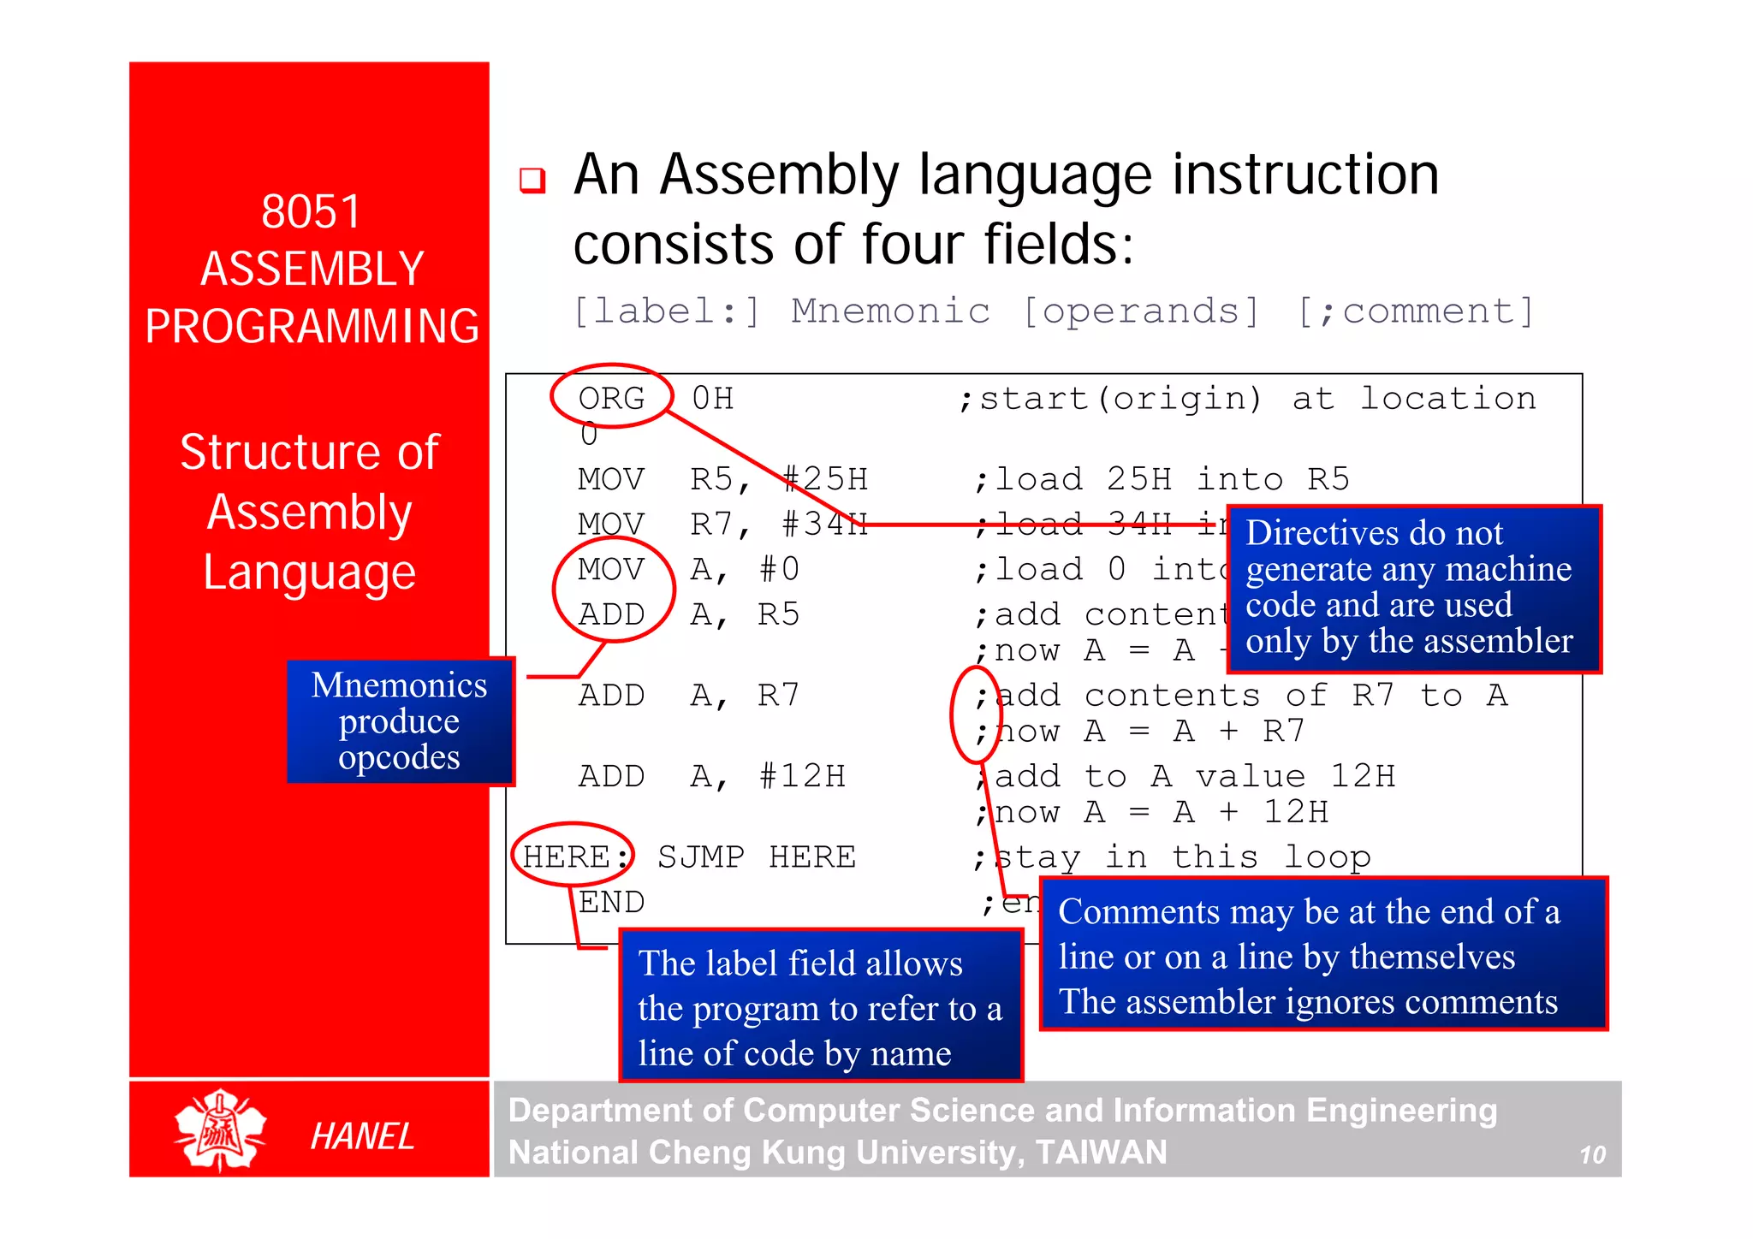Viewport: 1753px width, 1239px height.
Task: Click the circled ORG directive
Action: tap(611, 398)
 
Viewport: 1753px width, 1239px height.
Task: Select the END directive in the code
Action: tap(611, 902)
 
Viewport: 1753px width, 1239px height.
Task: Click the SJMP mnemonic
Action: tap(701, 857)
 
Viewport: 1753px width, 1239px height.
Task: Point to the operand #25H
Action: tap(825, 478)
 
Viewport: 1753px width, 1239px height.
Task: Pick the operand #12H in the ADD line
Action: tap(802, 776)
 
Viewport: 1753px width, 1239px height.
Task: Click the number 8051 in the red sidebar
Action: tap(311, 211)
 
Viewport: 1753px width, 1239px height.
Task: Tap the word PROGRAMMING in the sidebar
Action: tap(312, 326)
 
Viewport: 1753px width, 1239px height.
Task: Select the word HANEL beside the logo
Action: tap(362, 1136)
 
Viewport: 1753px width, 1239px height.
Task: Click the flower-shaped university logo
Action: tap(220, 1129)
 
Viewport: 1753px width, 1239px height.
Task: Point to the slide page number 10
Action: tap(1591, 1155)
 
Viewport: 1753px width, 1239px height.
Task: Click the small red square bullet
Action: tap(532, 180)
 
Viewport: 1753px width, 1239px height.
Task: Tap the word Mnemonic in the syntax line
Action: tap(890, 311)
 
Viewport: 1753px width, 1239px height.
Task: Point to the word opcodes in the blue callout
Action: tap(399, 757)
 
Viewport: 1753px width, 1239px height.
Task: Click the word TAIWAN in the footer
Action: tap(1101, 1153)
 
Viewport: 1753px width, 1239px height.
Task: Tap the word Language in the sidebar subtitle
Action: tap(310, 572)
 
